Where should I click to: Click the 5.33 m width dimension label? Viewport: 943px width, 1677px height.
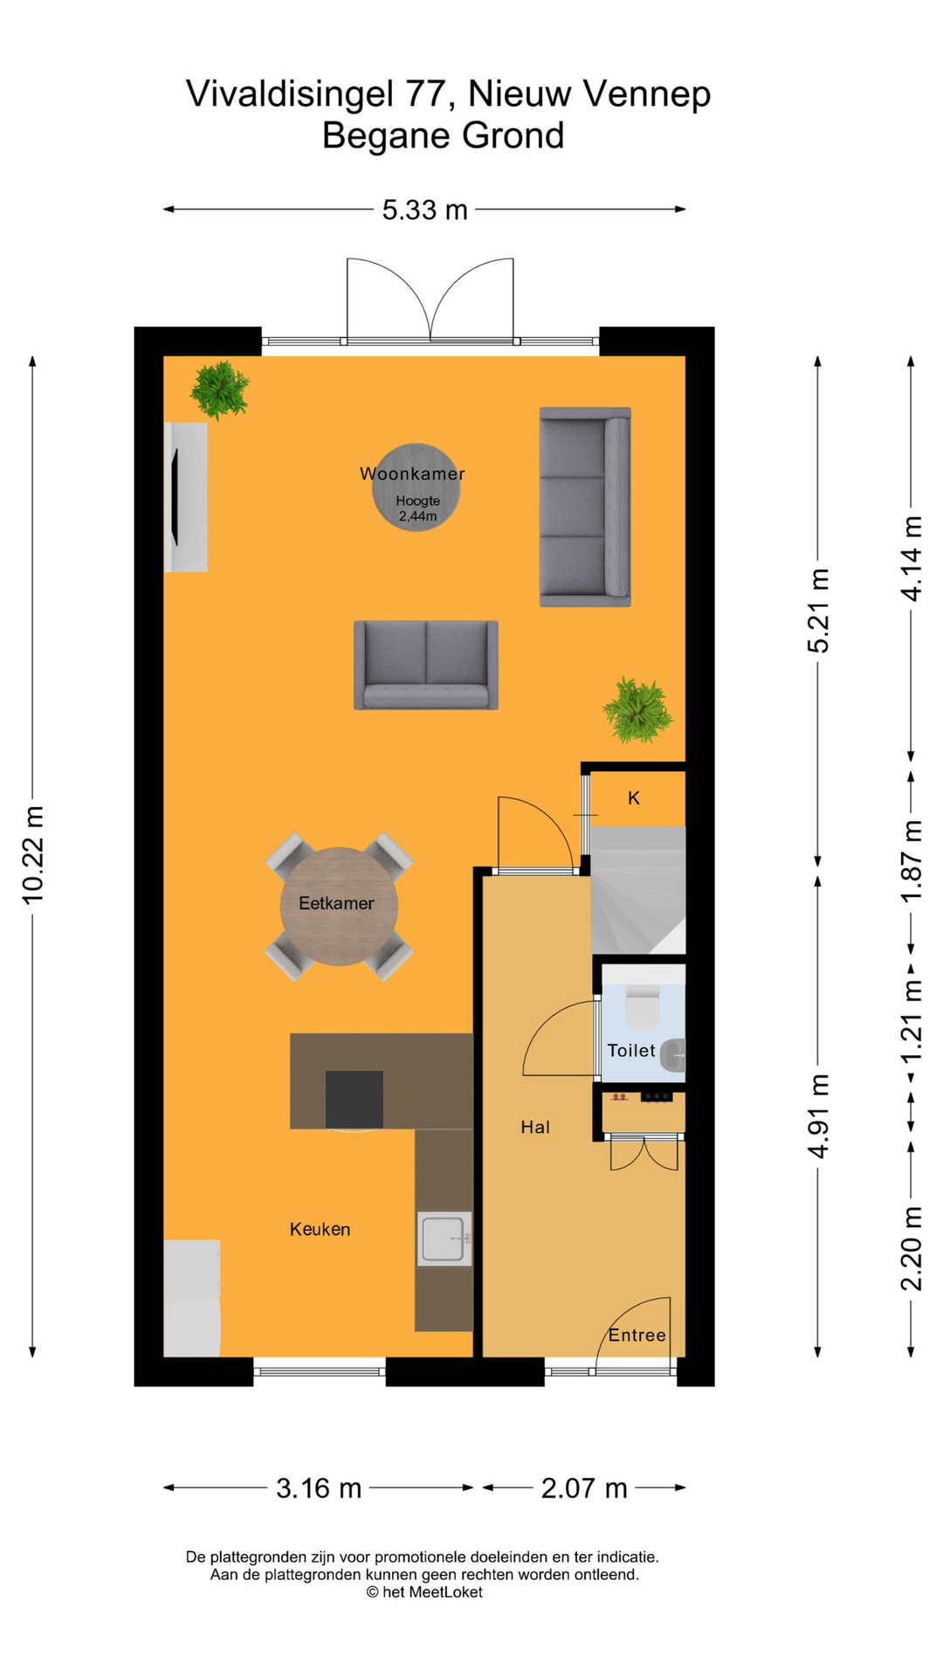pos(425,210)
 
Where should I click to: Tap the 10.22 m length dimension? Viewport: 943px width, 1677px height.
pos(33,854)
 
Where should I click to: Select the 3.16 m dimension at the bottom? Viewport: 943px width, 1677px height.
pos(319,1488)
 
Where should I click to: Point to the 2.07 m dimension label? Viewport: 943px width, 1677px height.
pos(584,1488)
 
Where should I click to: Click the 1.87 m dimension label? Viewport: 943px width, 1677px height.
pos(912,861)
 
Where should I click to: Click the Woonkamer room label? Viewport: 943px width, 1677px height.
pos(412,474)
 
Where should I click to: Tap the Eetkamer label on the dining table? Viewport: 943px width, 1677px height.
pos(336,903)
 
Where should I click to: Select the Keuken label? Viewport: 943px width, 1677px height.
pos(320,1230)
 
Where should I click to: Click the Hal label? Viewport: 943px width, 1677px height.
pos(535,1128)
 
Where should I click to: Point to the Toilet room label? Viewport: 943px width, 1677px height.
pos(631,1051)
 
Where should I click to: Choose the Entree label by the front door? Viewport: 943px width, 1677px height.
pos(637,1335)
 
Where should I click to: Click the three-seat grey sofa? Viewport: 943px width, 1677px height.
pos(585,507)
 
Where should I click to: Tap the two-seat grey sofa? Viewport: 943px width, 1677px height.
pos(426,665)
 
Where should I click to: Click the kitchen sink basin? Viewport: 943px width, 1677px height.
pos(444,1239)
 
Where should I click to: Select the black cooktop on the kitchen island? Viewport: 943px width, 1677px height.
pos(354,1099)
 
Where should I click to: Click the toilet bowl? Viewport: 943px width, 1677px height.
pos(644,1006)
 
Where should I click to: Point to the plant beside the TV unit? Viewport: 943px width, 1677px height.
pos(220,390)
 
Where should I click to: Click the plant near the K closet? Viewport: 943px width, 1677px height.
pos(638,710)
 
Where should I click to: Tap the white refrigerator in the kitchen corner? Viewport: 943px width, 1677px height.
pos(192,1298)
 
